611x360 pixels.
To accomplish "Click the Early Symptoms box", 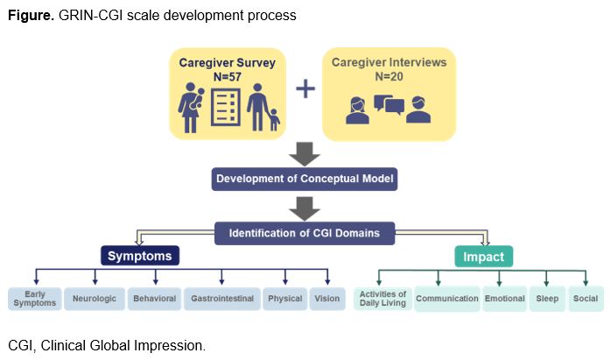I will (x=35, y=298).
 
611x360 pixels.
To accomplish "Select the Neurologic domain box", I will (x=95, y=298).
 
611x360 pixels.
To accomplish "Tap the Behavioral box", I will (x=155, y=298).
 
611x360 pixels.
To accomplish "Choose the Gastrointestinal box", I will (x=222, y=298).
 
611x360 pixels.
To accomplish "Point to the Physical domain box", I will (x=285, y=298).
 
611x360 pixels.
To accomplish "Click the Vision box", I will (x=327, y=298).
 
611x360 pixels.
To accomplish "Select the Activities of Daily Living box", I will (x=383, y=298).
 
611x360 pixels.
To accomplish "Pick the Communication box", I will (x=447, y=298).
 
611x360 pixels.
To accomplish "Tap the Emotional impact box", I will (x=504, y=298).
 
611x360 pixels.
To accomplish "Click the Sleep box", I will (x=547, y=298).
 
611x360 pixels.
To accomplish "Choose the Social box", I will (x=586, y=298).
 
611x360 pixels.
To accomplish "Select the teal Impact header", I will (x=483, y=256).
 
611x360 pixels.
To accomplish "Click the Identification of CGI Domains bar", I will (x=305, y=233).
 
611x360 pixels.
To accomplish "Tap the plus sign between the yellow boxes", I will (x=304, y=89).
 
